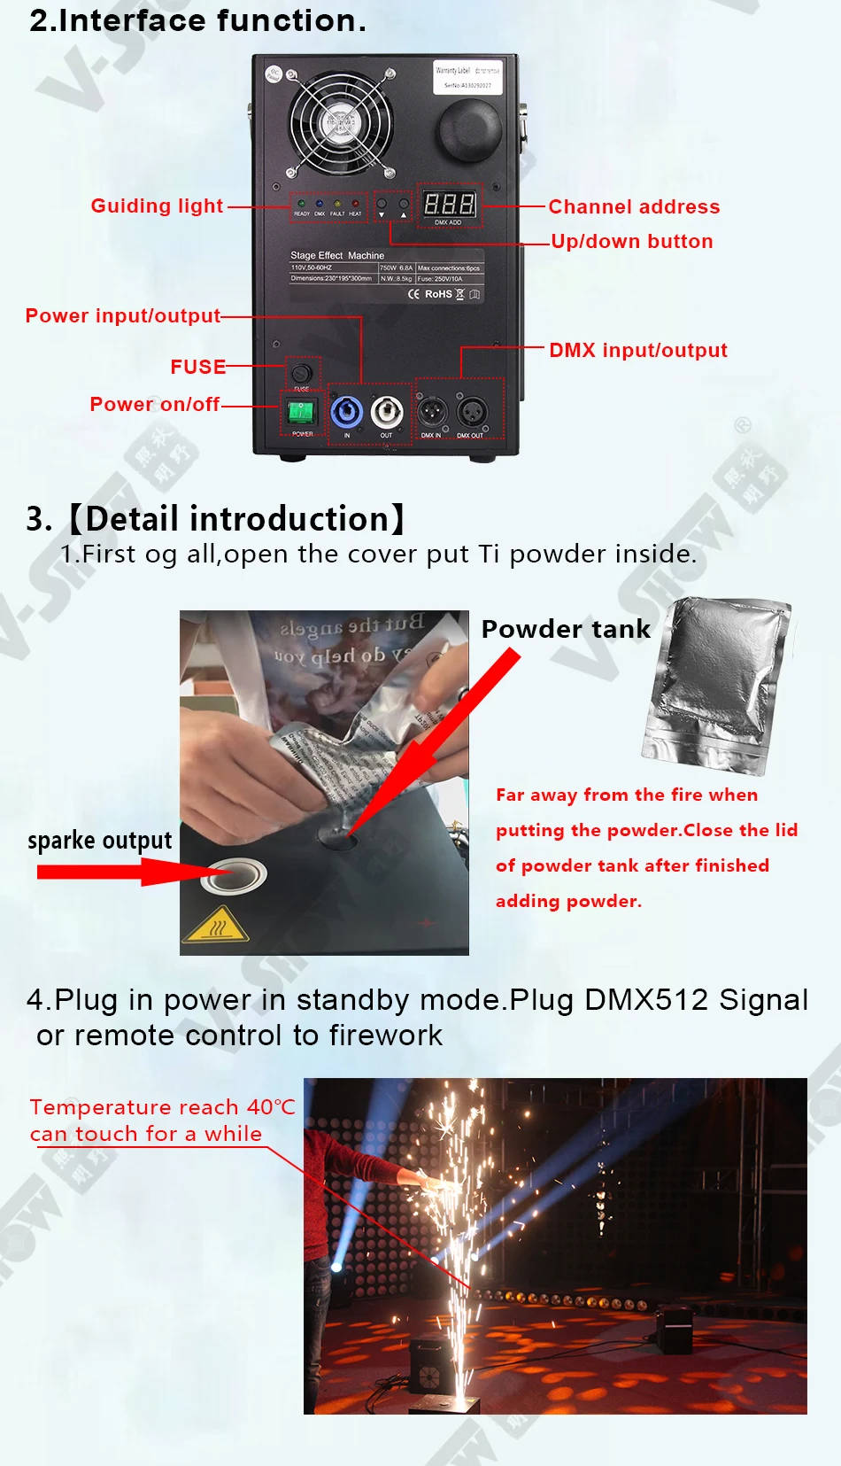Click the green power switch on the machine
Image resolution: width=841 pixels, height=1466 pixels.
click(301, 412)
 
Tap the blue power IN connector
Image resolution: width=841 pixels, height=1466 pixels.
click(346, 412)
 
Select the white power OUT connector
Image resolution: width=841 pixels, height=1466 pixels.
click(386, 412)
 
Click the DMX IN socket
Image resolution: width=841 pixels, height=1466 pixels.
click(431, 412)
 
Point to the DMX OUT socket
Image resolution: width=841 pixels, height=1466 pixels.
click(472, 412)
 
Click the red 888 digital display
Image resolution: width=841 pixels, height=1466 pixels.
click(449, 205)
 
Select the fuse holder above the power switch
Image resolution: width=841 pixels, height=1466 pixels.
click(301, 373)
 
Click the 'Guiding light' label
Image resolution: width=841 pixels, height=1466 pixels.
click(157, 206)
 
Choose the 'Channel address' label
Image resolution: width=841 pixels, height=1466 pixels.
click(634, 207)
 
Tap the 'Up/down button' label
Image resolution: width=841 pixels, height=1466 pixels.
click(631, 242)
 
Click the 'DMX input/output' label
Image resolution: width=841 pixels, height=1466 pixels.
click(637, 351)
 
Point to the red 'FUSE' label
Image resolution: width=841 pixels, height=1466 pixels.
click(197, 367)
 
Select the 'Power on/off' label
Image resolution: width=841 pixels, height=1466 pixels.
click(154, 405)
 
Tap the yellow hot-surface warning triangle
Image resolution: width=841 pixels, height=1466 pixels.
click(215, 926)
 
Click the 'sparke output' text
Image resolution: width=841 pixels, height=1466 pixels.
click(99, 840)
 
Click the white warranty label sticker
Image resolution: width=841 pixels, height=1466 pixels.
click(467, 77)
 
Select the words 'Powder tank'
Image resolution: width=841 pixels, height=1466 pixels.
click(566, 630)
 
